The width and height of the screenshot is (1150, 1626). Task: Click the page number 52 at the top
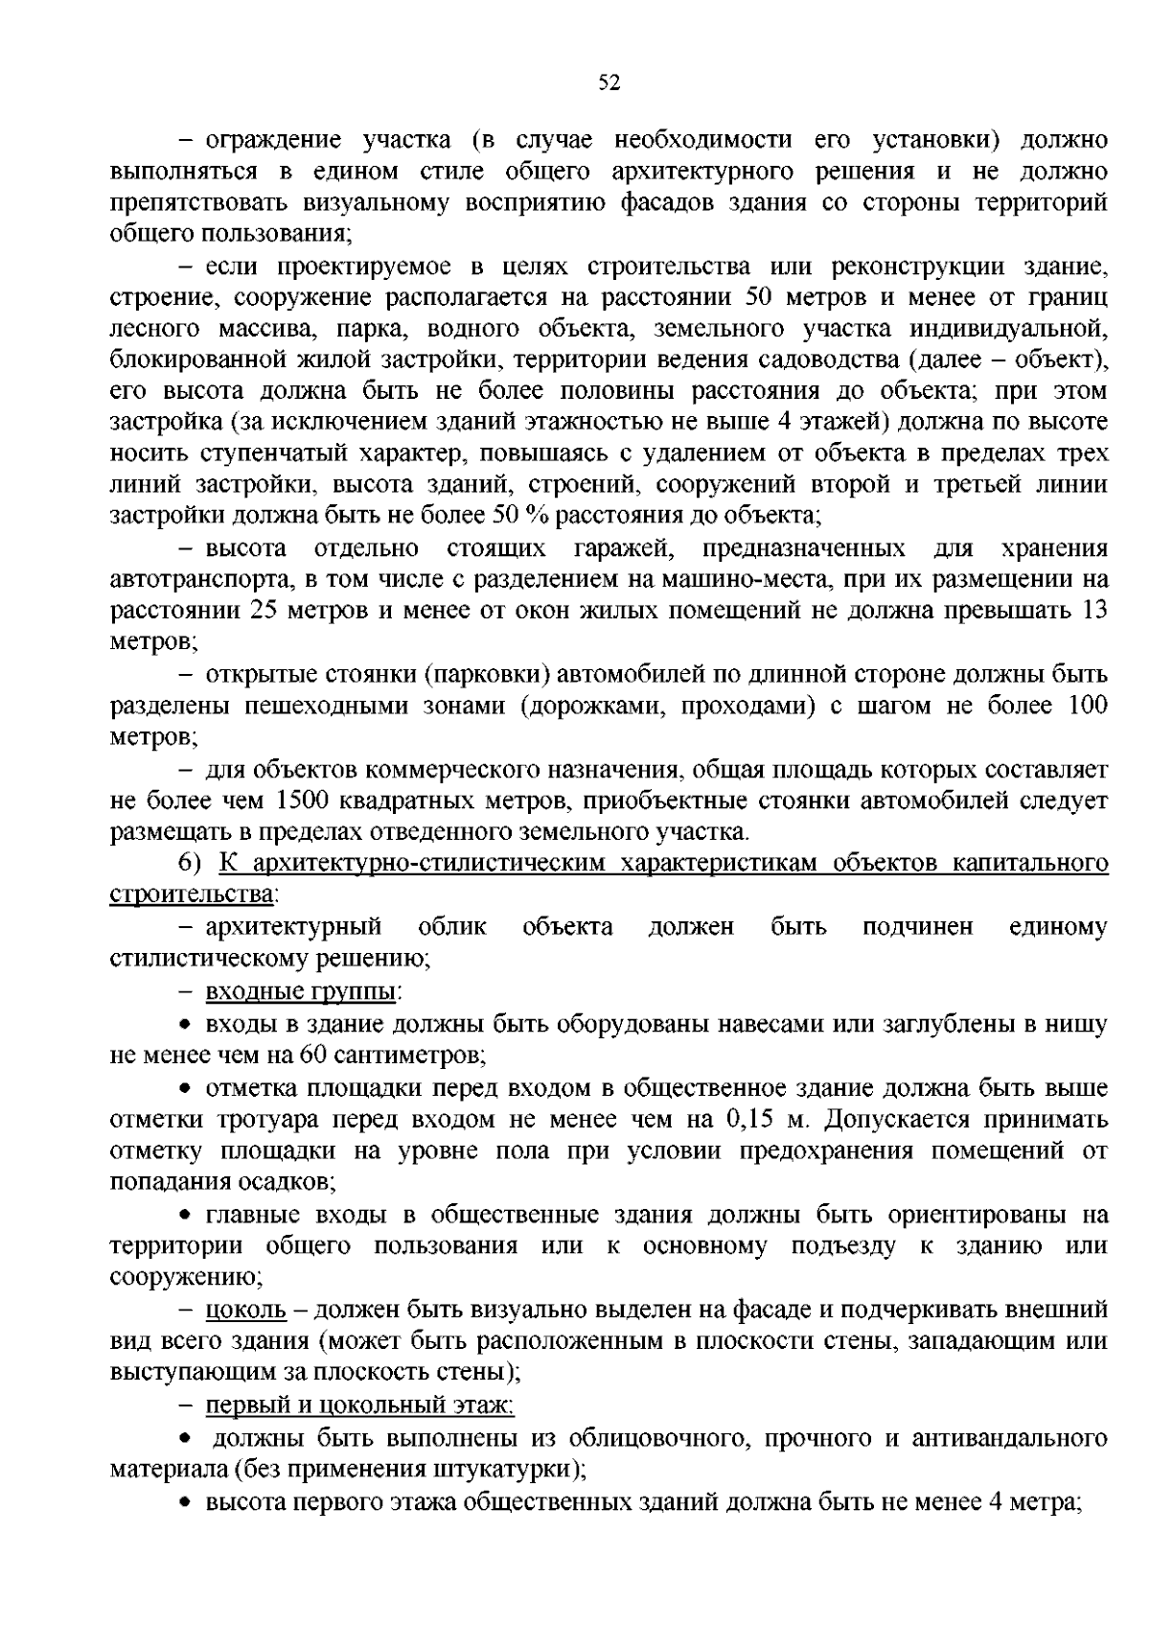point(609,83)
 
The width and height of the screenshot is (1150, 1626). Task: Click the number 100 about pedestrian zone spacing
point(1086,706)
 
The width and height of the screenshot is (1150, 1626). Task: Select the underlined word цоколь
point(246,1309)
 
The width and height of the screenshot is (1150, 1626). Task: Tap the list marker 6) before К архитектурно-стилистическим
point(190,864)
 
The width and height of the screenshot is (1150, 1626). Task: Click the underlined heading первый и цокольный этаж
point(360,1405)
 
